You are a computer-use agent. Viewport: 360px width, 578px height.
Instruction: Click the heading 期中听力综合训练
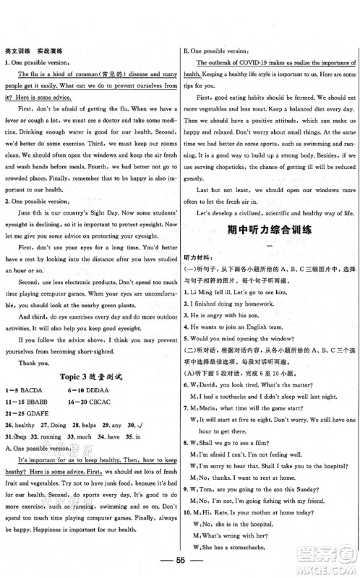(270, 292)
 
